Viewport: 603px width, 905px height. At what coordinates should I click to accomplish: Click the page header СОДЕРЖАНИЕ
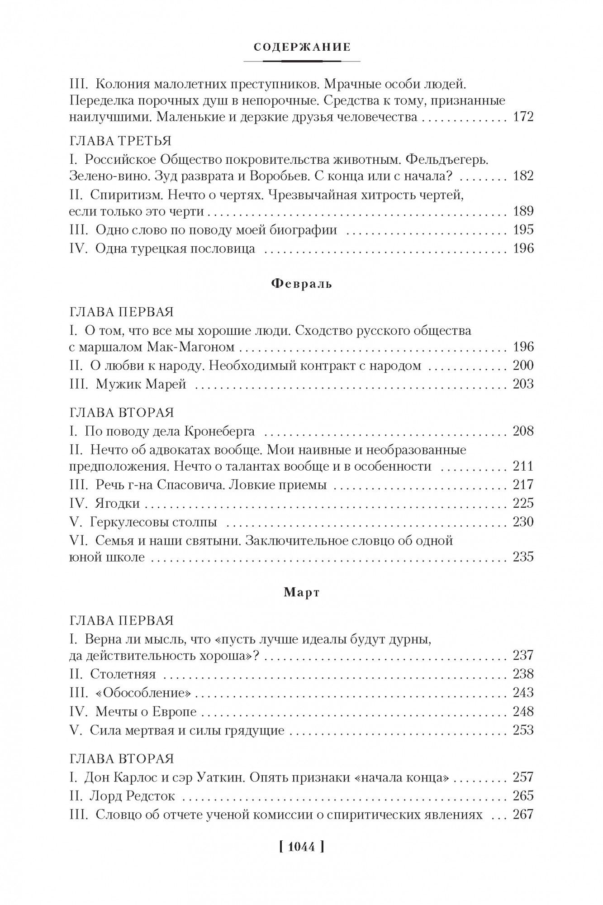(302, 47)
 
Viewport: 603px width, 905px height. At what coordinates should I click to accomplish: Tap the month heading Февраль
(302, 284)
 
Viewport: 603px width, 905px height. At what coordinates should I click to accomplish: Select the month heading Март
(302, 593)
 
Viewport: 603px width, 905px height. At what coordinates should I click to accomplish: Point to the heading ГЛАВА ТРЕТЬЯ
(120, 141)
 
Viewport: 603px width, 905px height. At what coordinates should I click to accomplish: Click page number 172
(523, 117)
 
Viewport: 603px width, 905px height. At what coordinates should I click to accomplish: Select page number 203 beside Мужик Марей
(523, 384)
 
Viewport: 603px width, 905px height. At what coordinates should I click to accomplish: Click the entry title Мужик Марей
(141, 384)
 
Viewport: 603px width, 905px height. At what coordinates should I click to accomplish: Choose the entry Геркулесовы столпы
(153, 522)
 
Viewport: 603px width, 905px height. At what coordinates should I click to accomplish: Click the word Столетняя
(123, 674)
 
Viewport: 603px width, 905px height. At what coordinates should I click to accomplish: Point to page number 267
(523, 814)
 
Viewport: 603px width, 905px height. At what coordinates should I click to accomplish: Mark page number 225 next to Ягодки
(523, 503)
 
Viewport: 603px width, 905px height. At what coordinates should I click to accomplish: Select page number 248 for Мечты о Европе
(523, 711)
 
